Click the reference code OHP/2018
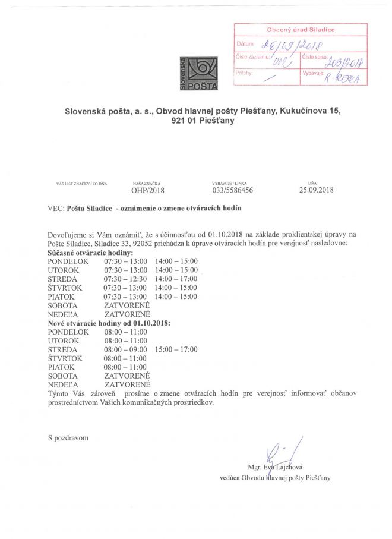(147, 190)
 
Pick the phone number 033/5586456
(233, 190)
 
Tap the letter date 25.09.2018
(317, 190)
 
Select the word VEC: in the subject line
(56, 209)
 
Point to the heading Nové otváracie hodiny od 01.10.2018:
(109, 323)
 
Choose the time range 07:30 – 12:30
(125, 279)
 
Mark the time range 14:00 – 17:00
(176, 279)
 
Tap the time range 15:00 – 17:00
(176, 349)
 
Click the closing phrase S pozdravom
(68, 438)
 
